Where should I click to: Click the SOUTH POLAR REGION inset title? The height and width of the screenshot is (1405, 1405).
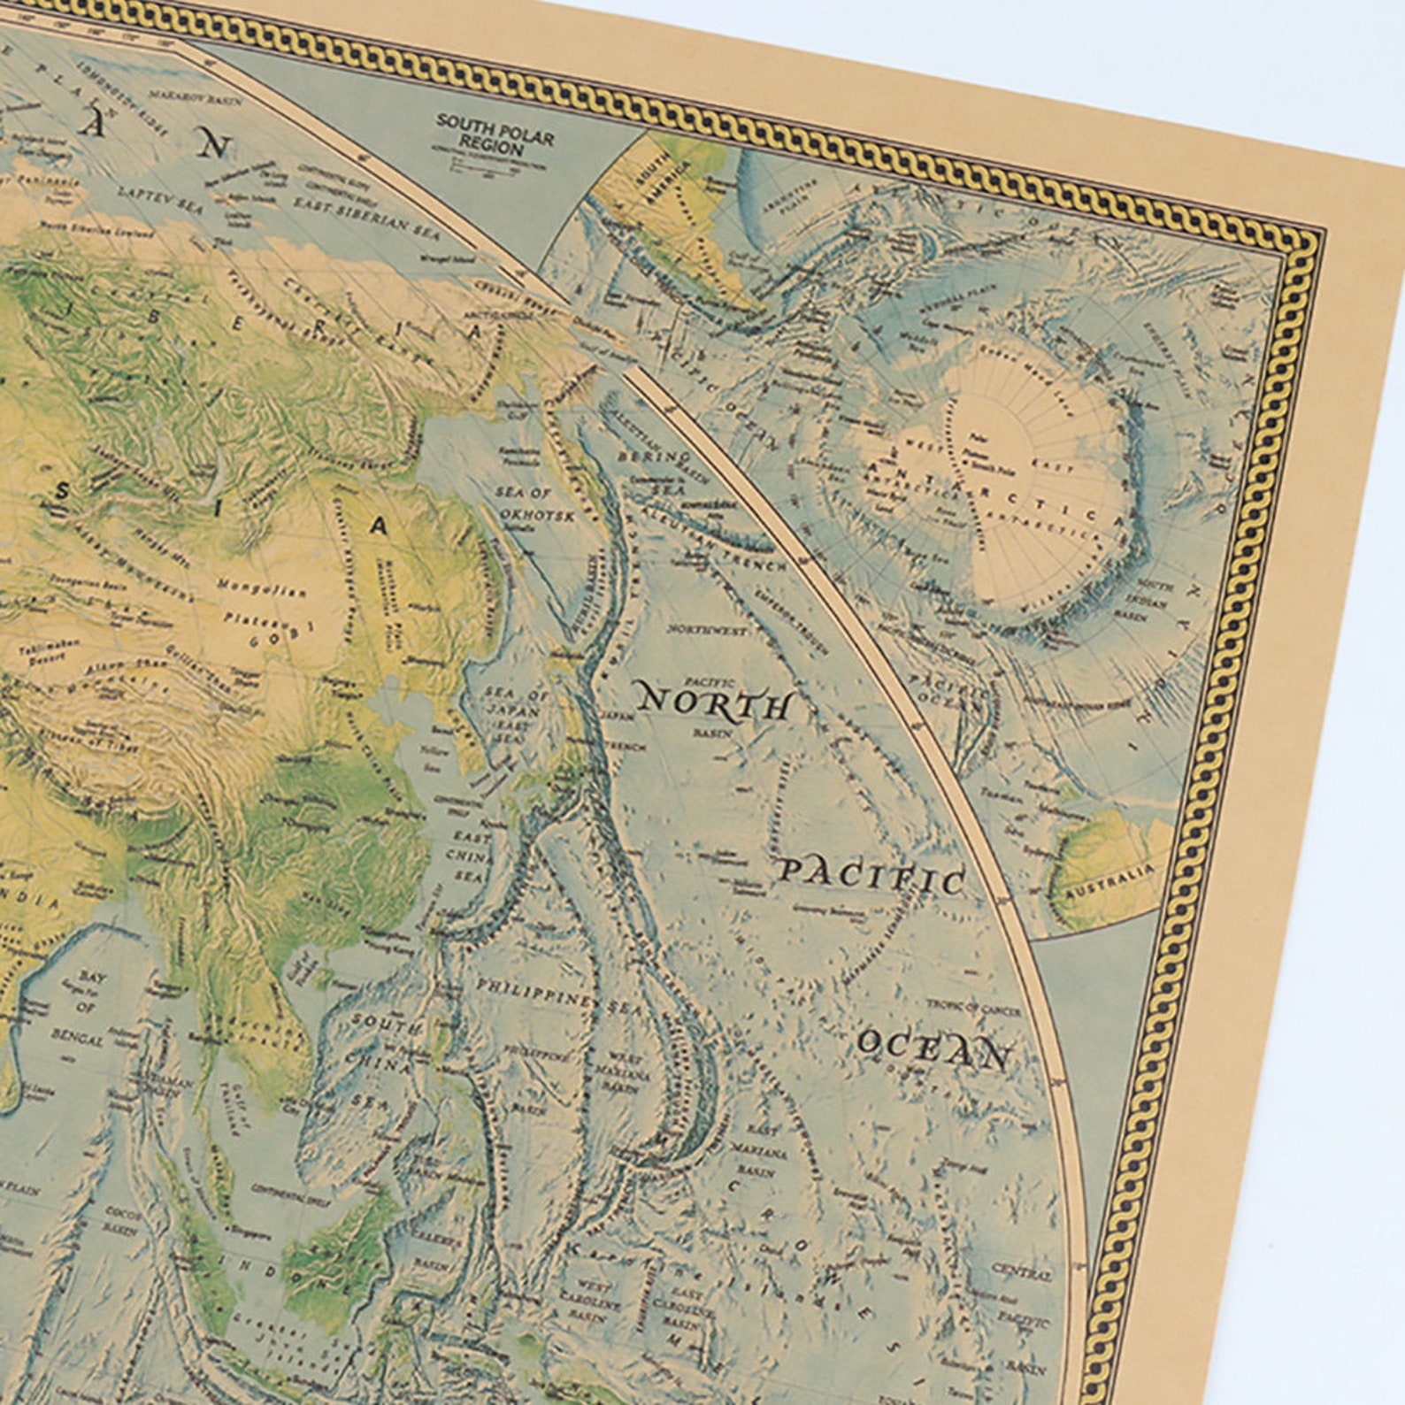(x=495, y=134)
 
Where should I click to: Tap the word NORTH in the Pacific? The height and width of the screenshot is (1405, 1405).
(x=715, y=703)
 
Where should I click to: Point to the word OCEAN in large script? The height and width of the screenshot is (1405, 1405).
(x=933, y=1049)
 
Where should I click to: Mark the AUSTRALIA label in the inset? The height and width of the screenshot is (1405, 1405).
(x=1109, y=880)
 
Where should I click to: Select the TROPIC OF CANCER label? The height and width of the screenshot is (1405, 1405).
(x=973, y=1007)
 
